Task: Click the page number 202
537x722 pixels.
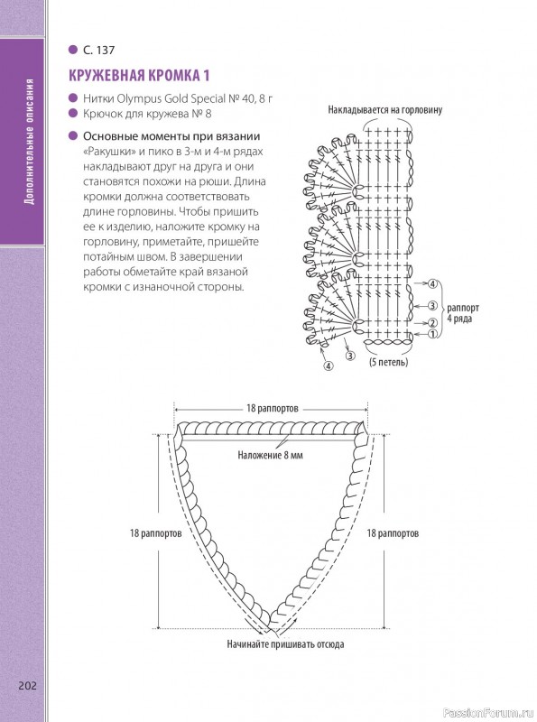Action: coord(27,686)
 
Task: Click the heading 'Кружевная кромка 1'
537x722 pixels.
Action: coord(139,76)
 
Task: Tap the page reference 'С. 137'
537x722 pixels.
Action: coord(98,51)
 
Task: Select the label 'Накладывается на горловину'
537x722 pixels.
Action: coord(385,110)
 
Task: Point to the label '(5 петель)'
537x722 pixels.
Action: coord(389,362)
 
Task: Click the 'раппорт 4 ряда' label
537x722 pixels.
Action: coord(463,313)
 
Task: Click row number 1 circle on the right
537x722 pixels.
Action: coord(432,334)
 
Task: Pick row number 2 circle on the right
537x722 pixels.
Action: coord(432,323)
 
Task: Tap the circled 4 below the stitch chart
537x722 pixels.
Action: coord(329,366)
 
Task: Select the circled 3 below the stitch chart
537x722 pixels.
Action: coord(350,356)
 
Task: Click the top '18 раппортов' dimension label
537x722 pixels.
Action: coord(273,409)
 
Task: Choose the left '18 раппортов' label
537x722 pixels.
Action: coord(155,533)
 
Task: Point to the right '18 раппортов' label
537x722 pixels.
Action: coord(393,533)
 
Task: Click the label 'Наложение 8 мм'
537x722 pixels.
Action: coord(271,456)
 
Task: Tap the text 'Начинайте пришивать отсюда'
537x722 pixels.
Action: coord(285,644)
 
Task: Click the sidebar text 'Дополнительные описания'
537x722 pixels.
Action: coord(30,142)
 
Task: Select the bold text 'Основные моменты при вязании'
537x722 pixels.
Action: coord(171,136)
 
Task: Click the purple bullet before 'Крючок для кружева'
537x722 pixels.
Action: coord(73,114)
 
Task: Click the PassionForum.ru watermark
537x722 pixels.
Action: coord(488,713)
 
